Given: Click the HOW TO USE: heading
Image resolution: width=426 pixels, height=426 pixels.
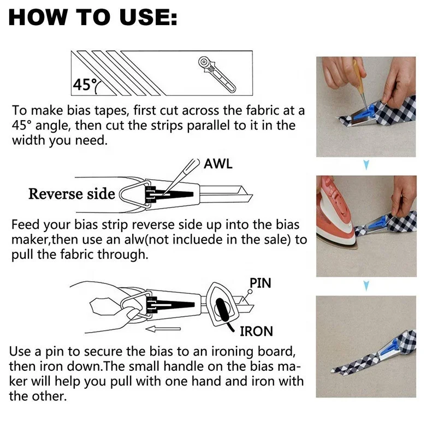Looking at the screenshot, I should coord(93,17).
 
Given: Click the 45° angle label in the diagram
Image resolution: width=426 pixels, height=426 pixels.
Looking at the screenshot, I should coord(84,85).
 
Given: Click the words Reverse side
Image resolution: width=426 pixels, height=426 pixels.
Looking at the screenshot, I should coord(72,194).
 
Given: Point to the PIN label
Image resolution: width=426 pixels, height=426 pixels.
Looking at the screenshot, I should coord(261,283).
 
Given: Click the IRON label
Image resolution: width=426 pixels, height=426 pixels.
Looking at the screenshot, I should coord(256,331).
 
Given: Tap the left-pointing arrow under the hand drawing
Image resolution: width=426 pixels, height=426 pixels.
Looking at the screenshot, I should coord(164,329).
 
